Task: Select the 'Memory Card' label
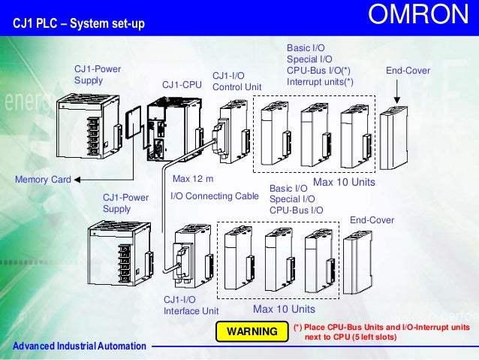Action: tap(43, 180)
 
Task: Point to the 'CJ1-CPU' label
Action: tap(182, 84)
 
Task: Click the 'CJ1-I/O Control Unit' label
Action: tap(232, 81)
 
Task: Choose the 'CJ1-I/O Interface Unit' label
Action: tap(191, 304)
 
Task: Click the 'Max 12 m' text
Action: tap(193, 180)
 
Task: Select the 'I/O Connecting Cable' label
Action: tap(215, 196)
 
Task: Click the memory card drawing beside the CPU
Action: tap(131, 126)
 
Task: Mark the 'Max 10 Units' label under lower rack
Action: tap(284, 310)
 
